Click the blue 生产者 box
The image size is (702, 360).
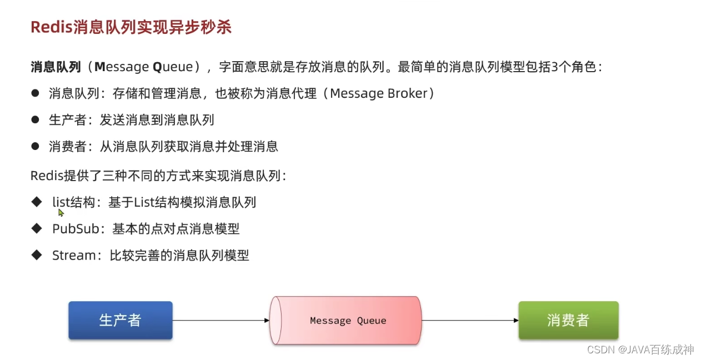121,320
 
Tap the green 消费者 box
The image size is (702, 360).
568,320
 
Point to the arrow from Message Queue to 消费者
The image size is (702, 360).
470,321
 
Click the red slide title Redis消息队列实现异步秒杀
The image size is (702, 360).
131,27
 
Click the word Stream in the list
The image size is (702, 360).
74,256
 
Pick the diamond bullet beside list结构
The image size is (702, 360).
37,201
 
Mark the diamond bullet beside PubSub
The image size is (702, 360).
37,228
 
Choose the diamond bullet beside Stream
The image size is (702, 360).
37,254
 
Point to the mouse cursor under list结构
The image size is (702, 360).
61,212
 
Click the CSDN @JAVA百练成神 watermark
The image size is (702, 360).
640,349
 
